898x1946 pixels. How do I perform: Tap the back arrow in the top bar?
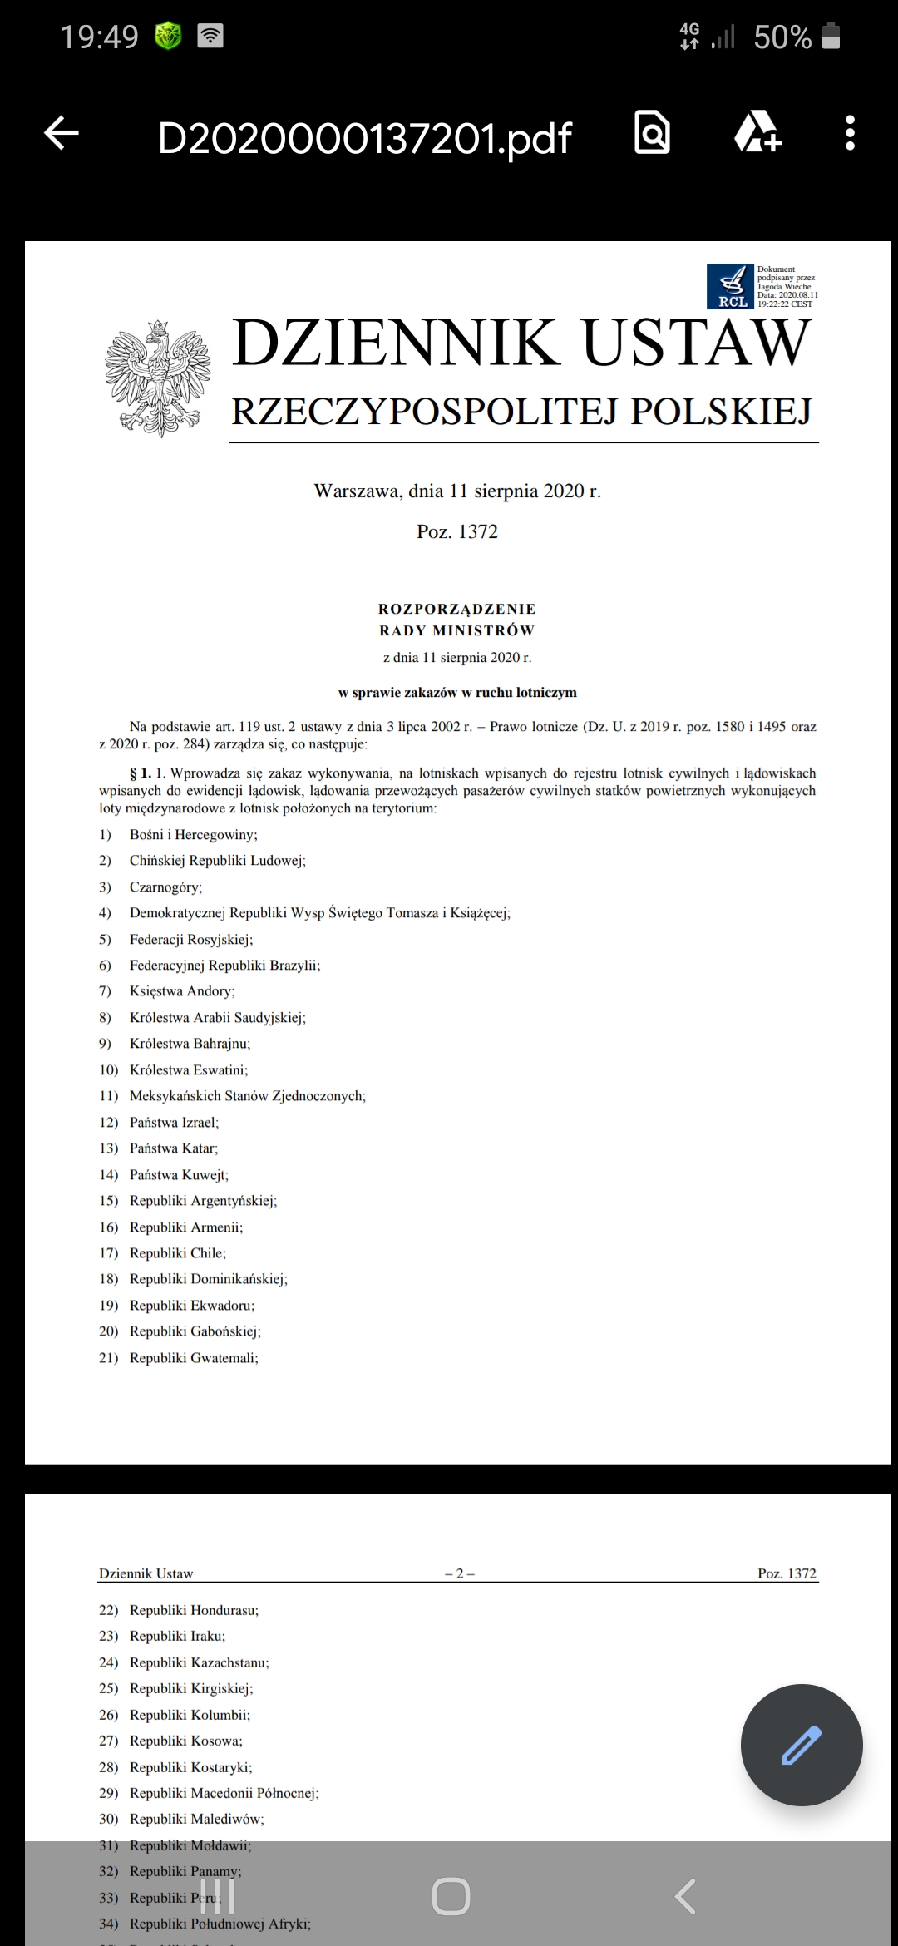(x=62, y=133)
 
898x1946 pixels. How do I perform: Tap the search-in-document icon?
(x=652, y=132)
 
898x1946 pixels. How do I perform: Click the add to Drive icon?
(x=757, y=132)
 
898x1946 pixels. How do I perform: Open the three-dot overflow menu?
(x=849, y=133)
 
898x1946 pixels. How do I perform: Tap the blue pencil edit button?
(x=802, y=1745)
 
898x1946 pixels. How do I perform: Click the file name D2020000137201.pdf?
(x=364, y=138)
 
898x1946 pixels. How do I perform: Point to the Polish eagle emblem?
(x=157, y=378)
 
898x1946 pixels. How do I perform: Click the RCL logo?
(x=729, y=286)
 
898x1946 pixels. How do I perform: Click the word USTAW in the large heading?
(x=695, y=343)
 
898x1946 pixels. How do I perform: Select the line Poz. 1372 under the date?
(x=457, y=532)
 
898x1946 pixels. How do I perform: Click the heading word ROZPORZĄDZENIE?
(x=456, y=609)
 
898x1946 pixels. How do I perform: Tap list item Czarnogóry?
(x=165, y=887)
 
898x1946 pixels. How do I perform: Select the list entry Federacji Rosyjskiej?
(x=190, y=940)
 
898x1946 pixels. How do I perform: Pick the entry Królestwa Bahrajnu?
(x=190, y=1044)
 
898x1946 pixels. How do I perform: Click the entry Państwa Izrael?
(x=174, y=1123)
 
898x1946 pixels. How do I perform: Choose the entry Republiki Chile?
(x=177, y=1253)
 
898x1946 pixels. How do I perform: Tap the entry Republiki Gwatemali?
(x=194, y=1358)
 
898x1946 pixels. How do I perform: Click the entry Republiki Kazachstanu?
(x=199, y=1662)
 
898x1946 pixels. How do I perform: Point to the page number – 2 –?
(x=459, y=1573)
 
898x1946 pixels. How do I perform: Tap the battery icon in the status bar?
(x=831, y=37)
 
